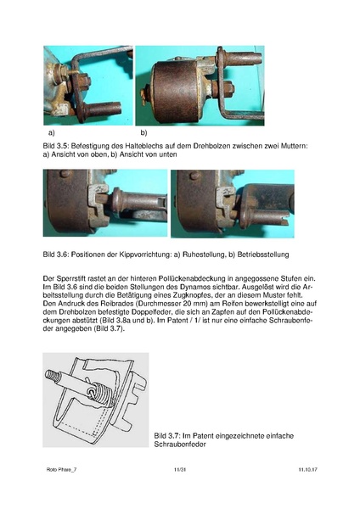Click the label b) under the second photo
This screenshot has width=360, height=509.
click(144, 134)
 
